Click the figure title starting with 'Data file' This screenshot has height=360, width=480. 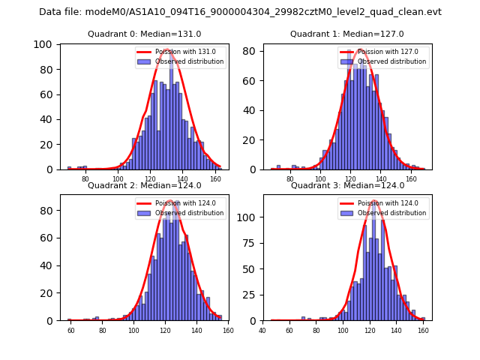(240, 12)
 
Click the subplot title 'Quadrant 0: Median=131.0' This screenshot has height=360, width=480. (145, 34)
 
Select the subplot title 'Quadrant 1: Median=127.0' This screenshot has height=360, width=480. (347, 34)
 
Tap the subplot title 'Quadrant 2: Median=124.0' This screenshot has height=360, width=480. (145, 185)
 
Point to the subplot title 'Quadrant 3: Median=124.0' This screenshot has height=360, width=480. (347, 185)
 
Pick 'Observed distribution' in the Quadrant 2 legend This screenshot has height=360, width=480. (189, 213)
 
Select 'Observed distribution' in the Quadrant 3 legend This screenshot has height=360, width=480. (391, 213)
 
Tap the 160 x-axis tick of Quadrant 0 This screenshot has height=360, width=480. (215, 180)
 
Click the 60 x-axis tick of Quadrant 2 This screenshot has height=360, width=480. (71, 330)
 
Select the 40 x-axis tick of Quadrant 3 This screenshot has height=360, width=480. (262, 330)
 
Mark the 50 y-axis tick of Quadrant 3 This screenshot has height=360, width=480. (252, 268)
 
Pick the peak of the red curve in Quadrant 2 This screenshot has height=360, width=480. (170, 201)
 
